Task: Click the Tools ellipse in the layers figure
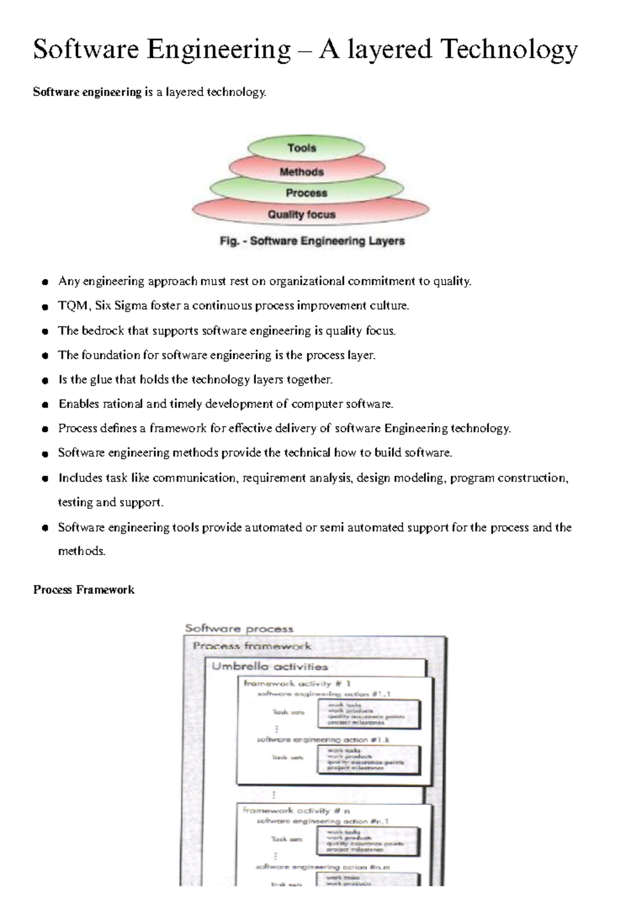[x=302, y=148]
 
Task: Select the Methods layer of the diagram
[x=302, y=172]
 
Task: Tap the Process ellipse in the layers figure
[x=307, y=193]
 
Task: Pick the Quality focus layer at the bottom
[x=302, y=214]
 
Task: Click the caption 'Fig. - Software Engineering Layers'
[x=312, y=241]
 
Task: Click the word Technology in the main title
[x=509, y=50]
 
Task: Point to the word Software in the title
[x=86, y=50]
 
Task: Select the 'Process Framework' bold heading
[x=84, y=590]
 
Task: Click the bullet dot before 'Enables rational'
[x=46, y=405]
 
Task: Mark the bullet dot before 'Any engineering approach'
[x=46, y=282]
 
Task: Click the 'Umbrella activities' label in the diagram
[x=270, y=667]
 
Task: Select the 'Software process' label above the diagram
[x=239, y=628]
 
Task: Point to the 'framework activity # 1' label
[x=297, y=684]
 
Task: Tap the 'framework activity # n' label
[x=296, y=811]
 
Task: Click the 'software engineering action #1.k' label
[x=323, y=740]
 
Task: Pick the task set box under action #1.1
[x=368, y=714]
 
